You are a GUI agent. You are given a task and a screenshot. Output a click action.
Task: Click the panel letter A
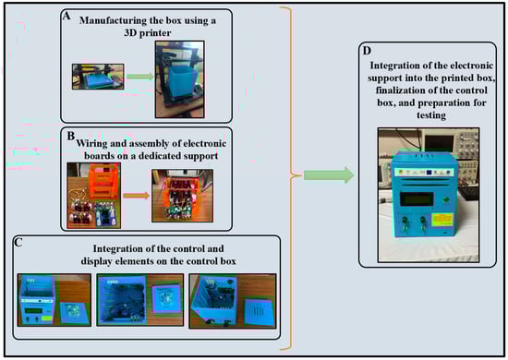coord(67,16)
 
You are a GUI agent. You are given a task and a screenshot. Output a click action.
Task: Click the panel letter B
coord(70,136)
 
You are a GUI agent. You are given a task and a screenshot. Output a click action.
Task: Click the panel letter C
coord(18,242)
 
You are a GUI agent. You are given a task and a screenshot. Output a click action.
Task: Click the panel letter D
coord(367,51)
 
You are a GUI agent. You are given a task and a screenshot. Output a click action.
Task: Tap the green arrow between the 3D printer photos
coord(140,77)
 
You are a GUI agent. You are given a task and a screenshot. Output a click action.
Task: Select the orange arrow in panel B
coord(136,196)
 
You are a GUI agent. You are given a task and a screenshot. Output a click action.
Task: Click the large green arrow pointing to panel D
coord(329,175)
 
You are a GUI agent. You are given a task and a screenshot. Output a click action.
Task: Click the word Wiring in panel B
coord(91,143)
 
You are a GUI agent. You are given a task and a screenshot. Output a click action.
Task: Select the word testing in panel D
coord(431,115)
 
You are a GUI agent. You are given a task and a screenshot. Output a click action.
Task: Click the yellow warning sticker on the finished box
coord(442,219)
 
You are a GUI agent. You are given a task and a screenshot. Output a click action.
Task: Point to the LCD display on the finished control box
coord(417,199)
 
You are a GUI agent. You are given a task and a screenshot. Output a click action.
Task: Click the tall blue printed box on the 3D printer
coord(181,82)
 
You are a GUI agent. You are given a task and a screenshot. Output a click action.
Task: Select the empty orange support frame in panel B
coord(103,181)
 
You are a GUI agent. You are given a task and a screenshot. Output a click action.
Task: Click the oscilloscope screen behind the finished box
coord(439,142)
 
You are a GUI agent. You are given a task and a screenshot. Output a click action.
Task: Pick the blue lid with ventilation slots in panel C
coord(259,312)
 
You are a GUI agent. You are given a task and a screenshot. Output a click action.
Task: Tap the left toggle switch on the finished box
coord(405,222)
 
